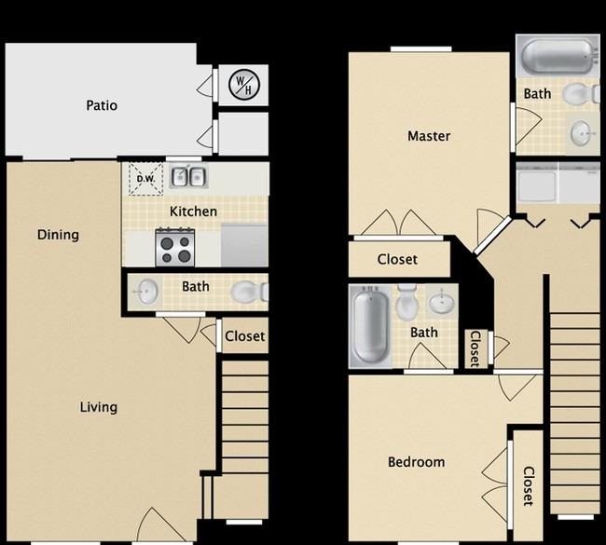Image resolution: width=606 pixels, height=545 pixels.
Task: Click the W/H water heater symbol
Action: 244,85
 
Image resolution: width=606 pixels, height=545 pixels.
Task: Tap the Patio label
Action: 102,105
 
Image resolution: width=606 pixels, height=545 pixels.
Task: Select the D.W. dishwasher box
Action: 145,179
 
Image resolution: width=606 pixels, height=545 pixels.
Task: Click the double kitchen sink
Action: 188,177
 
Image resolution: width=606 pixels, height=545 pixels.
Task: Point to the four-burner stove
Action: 175,247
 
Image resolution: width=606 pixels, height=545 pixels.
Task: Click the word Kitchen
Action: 193,211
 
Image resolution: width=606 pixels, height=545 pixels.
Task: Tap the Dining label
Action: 58,235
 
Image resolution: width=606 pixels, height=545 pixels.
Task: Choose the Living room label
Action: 99,407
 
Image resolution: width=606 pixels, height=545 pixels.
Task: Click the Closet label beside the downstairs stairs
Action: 244,336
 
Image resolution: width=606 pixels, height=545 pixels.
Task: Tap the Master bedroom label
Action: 429,136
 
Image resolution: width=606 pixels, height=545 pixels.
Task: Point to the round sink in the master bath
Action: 581,133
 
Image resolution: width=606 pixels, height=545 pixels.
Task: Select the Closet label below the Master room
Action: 397,259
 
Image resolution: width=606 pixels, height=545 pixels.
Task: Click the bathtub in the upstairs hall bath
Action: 370,327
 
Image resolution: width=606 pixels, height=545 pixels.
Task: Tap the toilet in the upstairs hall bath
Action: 406,303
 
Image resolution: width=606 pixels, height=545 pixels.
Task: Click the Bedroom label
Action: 416,462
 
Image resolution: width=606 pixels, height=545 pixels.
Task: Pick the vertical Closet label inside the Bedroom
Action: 529,486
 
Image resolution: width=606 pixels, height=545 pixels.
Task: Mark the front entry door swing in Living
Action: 161,525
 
